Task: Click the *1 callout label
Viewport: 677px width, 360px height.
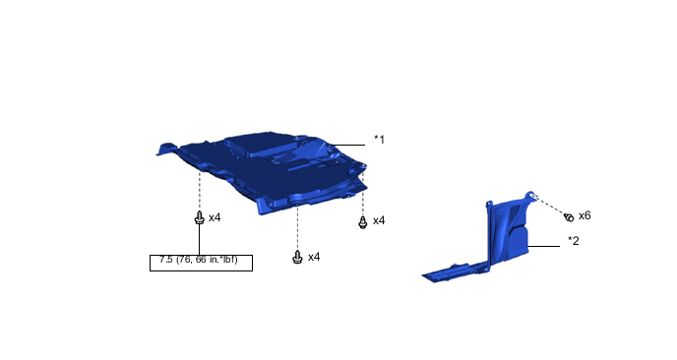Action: (x=379, y=140)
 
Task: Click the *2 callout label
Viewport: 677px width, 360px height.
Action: (x=574, y=241)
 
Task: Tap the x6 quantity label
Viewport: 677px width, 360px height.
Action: (x=585, y=215)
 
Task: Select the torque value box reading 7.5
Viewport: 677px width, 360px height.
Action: (x=201, y=263)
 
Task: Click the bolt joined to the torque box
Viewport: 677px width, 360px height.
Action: (x=199, y=217)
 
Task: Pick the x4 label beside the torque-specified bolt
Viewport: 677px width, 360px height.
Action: (x=215, y=217)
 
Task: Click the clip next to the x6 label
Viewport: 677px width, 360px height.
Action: (x=569, y=217)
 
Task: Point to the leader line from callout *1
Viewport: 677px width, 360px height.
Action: (x=348, y=145)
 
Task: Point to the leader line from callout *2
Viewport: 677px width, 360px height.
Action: (x=544, y=247)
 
